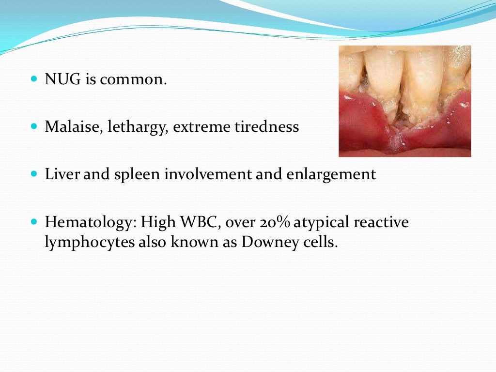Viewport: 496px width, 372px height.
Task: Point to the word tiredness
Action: pyautogui.click(x=267, y=127)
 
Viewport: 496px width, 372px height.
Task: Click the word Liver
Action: pyautogui.click(x=62, y=174)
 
